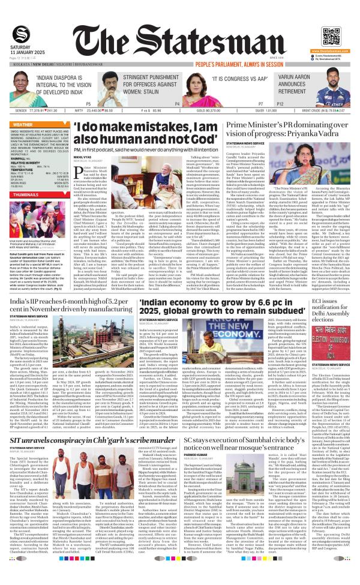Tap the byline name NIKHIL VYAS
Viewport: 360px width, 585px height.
[82, 158]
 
